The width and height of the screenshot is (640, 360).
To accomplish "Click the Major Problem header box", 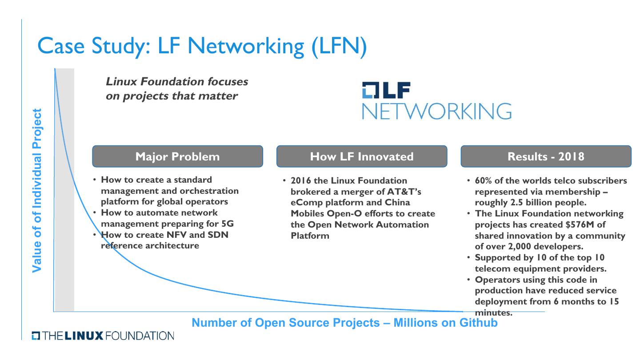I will coord(177,156).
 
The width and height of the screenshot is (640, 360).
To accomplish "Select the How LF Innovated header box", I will coord(361,156).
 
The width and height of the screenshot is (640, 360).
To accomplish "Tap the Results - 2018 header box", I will coord(546,156).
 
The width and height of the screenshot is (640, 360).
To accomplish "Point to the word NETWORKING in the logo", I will coord(436,111).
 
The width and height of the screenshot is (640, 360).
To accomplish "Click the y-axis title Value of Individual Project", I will coord(37,190).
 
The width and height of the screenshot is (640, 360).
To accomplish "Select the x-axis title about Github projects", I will coord(344,323).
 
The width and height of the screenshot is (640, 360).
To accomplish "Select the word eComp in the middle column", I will coord(304,203).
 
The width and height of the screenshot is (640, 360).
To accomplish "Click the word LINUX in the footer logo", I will coord(84,336).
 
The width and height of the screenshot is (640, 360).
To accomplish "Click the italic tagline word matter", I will coord(221,96).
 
